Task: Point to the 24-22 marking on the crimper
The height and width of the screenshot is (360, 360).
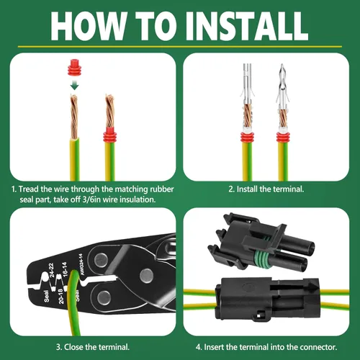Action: (x=52, y=269)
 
